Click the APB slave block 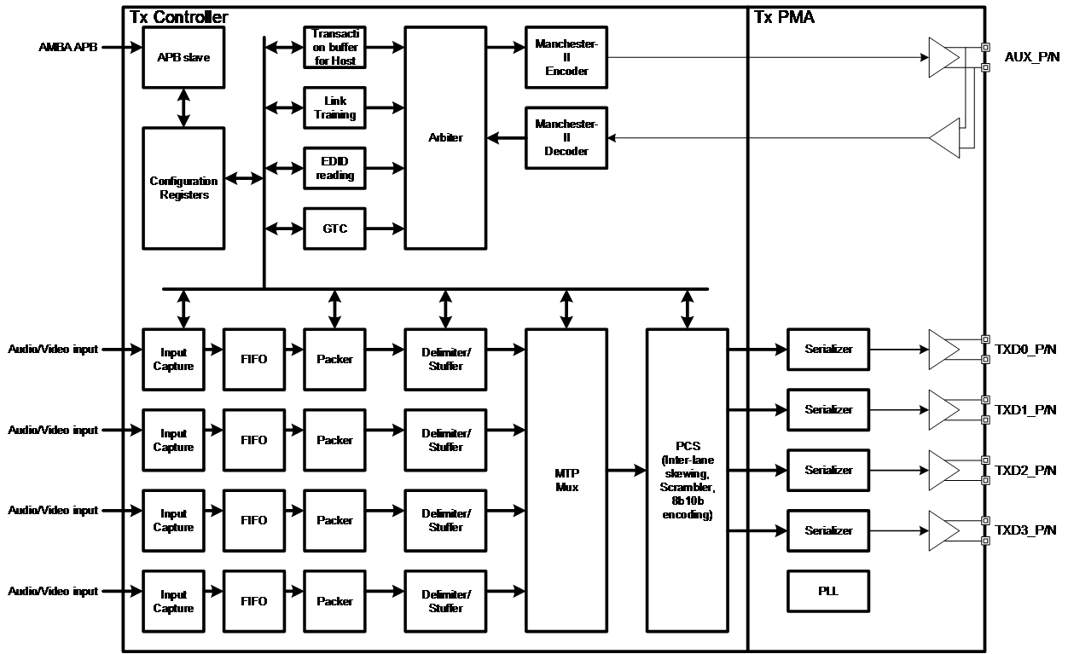coord(183,57)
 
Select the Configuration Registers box coord(183,188)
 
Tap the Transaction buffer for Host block coord(334,48)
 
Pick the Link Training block coord(334,108)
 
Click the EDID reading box coord(334,169)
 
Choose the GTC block coord(334,229)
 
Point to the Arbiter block coord(445,137)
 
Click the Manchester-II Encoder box coord(566,57)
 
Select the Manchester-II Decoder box coord(566,137)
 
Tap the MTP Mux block coord(566,480)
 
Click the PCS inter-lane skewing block coord(687,480)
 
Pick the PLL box coord(828,591)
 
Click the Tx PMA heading coord(784,17)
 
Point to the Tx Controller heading coord(178,17)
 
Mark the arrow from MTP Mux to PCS coord(626,470)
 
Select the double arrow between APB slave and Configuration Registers coord(183,107)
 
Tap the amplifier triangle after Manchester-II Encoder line coord(943,57)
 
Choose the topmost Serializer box coord(828,349)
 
